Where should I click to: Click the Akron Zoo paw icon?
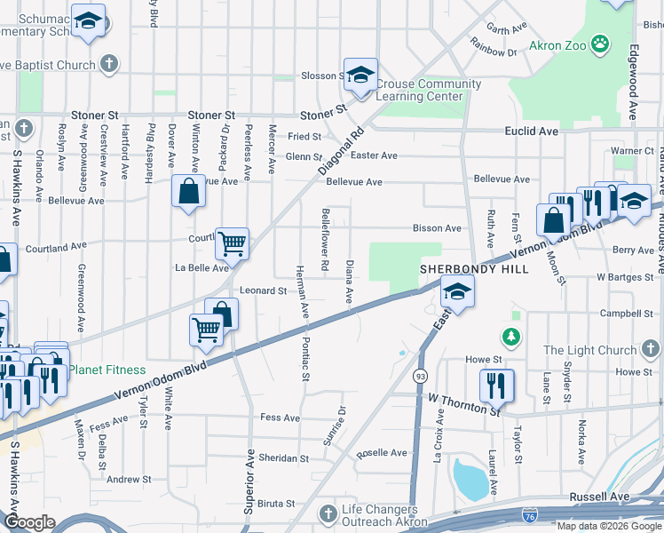click(x=601, y=43)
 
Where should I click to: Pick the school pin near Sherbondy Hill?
click(x=456, y=291)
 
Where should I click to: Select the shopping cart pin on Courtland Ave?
click(x=232, y=242)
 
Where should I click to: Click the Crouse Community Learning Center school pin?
click(x=360, y=75)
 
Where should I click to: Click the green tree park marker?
click(x=510, y=336)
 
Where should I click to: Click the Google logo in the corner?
click(x=29, y=522)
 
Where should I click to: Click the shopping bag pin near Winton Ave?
click(x=189, y=191)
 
